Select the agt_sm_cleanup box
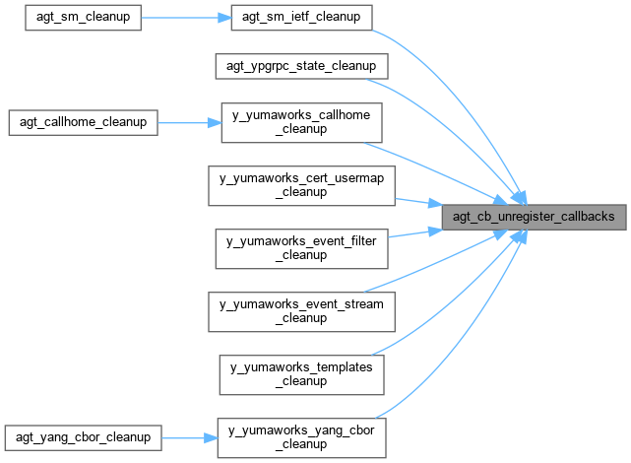tap(83, 18)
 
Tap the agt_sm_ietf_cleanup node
tap(301, 18)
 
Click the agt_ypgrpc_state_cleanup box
tap(301, 67)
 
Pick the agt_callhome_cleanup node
tap(83, 123)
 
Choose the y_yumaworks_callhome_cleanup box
tap(301, 123)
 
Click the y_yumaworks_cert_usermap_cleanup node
tap(301, 186)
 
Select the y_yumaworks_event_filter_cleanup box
tap(301, 247)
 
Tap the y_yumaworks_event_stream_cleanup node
tap(301, 310)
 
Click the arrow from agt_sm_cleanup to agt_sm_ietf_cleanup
tap(187, 18)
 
